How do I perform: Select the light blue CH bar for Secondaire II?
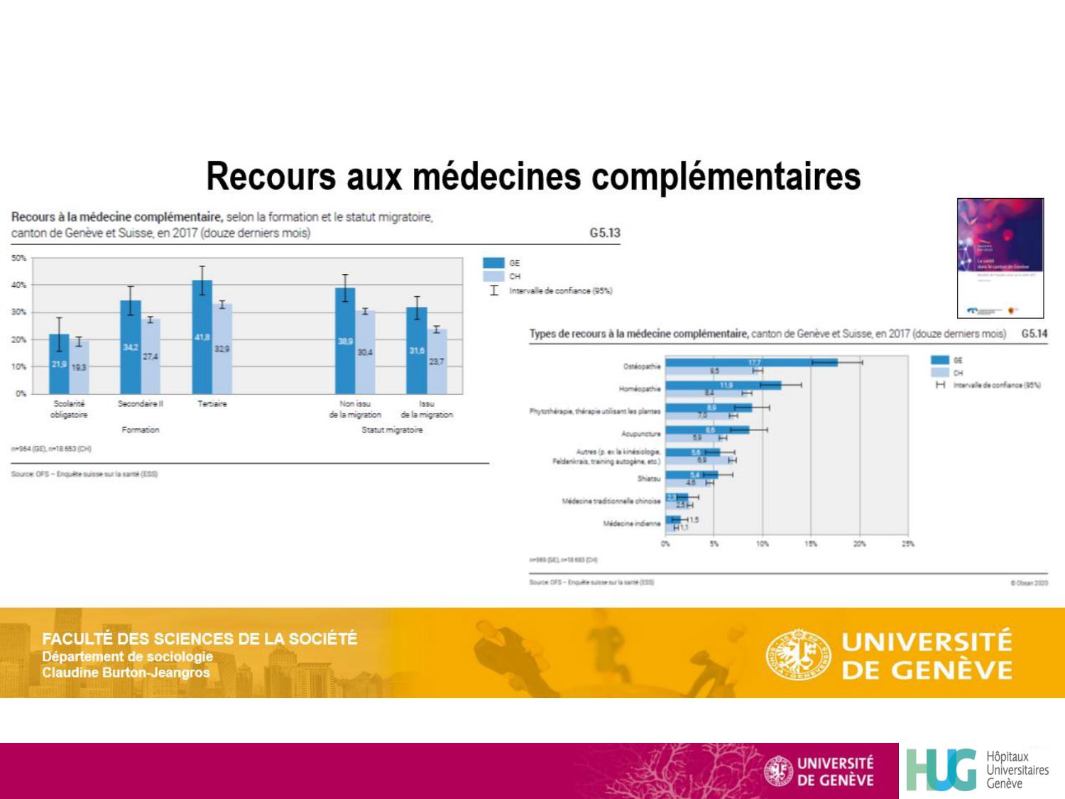(151, 356)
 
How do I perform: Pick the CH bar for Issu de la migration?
(437, 362)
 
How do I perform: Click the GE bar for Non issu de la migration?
(345, 341)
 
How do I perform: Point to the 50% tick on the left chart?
(19, 258)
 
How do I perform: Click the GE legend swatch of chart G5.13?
(493, 263)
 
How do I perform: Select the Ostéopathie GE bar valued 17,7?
(751, 363)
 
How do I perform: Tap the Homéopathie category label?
(640, 389)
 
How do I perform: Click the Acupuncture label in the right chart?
(640, 434)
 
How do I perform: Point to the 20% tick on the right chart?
(859, 544)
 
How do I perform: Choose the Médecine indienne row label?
(631, 524)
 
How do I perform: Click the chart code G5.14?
(1034, 334)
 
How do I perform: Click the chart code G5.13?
(605, 233)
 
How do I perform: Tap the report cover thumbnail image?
(1000, 258)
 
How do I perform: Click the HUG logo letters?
(941, 770)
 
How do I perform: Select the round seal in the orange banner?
(798, 654)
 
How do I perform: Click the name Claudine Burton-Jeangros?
(126, 673)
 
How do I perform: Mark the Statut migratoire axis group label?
(392, 430)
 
